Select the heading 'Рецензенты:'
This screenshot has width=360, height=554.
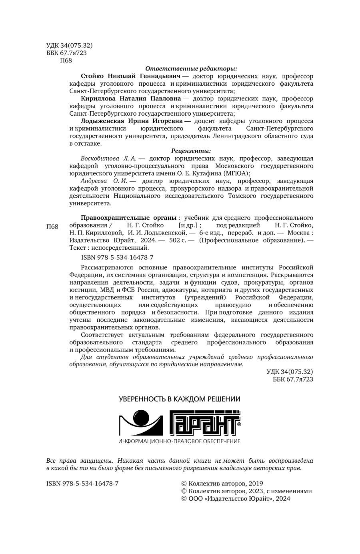coord(191,151)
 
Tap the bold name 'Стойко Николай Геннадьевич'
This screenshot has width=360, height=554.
coord(130,76)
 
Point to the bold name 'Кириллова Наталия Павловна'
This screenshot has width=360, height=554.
coord(130,98)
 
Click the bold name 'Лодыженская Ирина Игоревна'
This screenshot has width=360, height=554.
coord(132,121)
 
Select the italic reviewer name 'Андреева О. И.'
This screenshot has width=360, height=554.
coord(104,181)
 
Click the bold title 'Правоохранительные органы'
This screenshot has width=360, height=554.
coord(128,218)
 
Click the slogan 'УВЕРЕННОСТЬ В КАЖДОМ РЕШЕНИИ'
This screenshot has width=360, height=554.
coord(180,399)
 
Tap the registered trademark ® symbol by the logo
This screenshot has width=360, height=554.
coord(239,424)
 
